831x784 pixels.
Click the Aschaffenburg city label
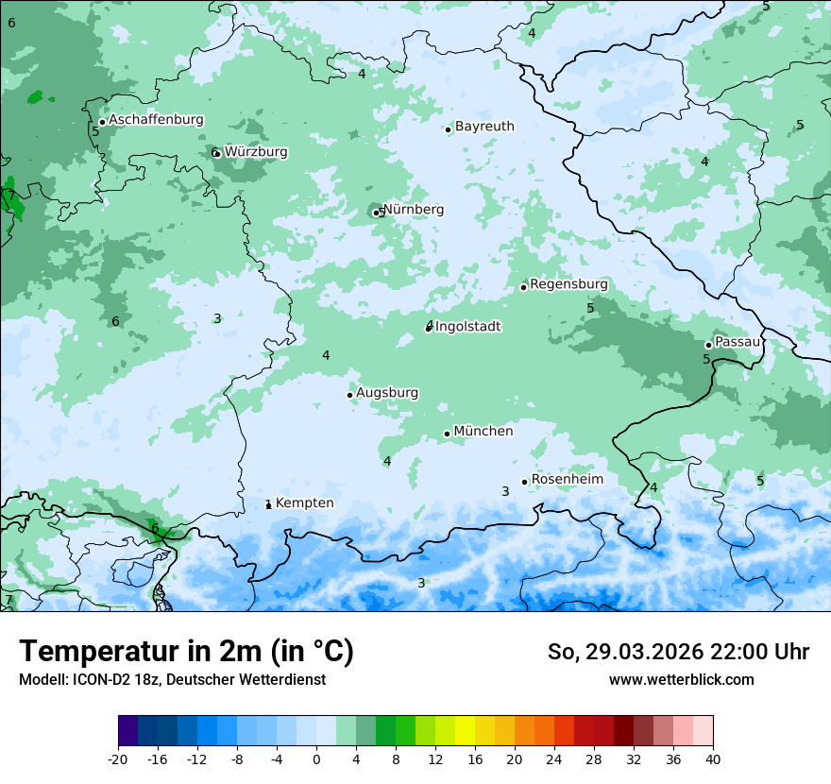coord(156,120)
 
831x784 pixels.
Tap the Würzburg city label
coord(256,151)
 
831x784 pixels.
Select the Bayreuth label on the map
coord(484,126)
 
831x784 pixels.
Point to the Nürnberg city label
coord(414,209)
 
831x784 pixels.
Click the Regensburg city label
coord(568,283)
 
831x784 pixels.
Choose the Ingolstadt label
coord(467,326)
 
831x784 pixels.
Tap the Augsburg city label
coord(387,392)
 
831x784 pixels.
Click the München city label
coord(483,431)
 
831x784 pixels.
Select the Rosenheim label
coord(567,479)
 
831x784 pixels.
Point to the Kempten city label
coord(304,503)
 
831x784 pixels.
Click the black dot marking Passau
coord(708,345)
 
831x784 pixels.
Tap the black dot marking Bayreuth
coord(449,129)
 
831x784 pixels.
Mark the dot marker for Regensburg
coord(523,287)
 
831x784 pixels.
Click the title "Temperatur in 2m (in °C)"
coord(186,651)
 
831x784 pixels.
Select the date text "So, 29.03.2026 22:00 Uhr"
coord(678,652)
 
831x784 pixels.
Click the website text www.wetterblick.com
coord(681,679)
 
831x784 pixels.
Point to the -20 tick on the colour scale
coord(118,758)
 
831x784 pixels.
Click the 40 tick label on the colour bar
coord(713,758)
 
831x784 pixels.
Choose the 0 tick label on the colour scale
coord(316,758)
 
